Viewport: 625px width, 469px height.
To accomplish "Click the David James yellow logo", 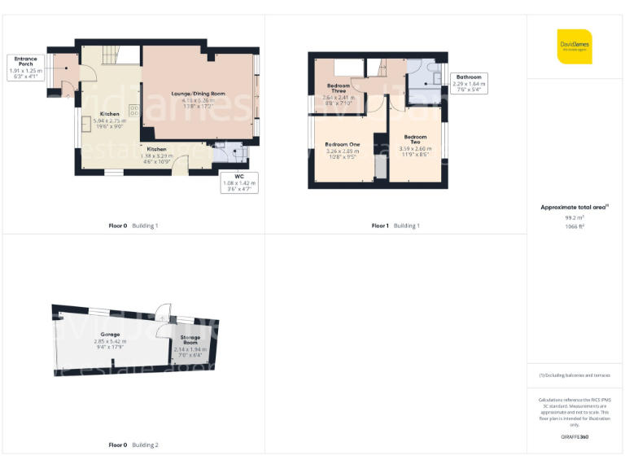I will [x=575, y=46].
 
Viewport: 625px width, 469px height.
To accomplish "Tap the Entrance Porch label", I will [x=25, y=68].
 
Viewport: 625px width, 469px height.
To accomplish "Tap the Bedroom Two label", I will [x=415, y=144].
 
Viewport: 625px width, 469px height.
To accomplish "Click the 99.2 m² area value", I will [x=575, y=218].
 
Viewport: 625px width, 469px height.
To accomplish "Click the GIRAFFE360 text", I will [x=575, y=438].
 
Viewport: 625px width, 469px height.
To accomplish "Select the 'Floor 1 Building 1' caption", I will [x=396, y=226].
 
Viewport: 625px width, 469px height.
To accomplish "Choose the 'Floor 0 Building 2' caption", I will [x=133, y=445].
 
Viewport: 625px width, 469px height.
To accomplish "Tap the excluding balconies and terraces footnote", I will [x=575, y=375].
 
